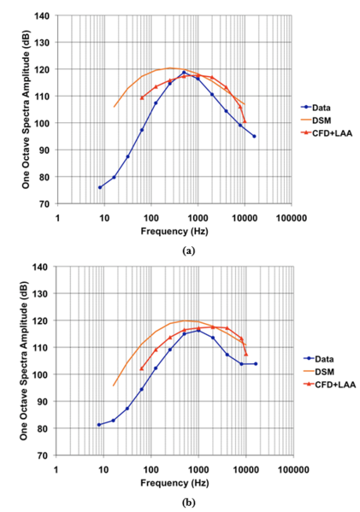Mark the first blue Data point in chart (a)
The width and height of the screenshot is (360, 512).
coord(100,187)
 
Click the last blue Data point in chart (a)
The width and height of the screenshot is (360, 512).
coord(254,136)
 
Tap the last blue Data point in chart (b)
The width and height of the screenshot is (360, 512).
coord(255,363)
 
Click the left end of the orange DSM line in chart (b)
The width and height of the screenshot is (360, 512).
coord(114,385)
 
